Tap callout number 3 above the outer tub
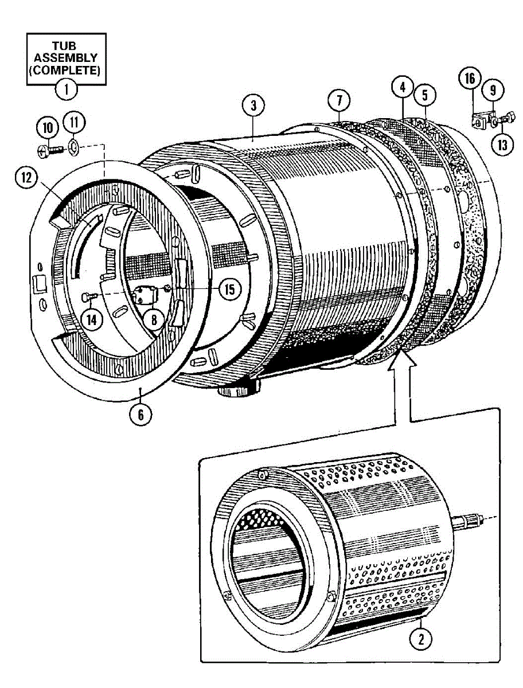coord(253,105)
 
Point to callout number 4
coord(403,88)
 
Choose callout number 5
coord(425,95)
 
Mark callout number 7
coord(339,101)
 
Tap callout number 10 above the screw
coord(47,127)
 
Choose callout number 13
coord(502,145)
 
